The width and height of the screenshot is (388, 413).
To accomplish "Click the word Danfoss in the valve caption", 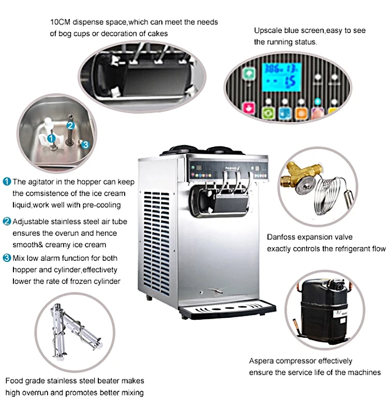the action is tap(280, 237).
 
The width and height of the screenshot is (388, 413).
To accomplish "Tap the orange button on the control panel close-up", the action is tap(300, 112).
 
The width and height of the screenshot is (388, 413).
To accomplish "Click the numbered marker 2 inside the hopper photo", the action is tap(71, 125).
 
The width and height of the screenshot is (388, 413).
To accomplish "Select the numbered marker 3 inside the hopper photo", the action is tap(85, 144).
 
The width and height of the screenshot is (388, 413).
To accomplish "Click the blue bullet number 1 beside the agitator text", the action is tap(7, 182).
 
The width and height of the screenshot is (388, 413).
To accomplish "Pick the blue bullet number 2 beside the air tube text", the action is tap(7, 222).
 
